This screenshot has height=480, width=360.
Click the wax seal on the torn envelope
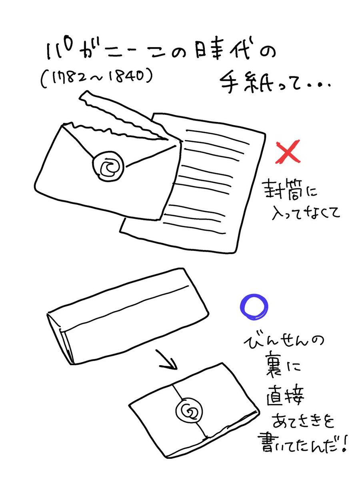pos(108,164)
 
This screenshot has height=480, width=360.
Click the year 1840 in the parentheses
pos(131,76)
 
